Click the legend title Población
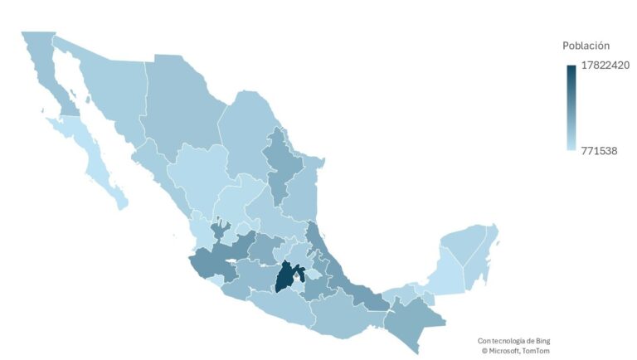[586, 46]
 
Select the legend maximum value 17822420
[605, 66]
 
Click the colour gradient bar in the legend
[571, 108]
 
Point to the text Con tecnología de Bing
[513, 340]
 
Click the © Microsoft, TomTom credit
[515, 351]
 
